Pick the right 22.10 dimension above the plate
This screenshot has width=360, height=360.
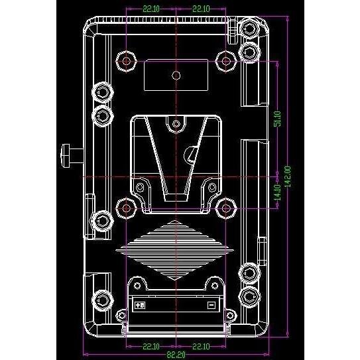[202, 9]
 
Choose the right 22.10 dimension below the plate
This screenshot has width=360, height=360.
[201, 345]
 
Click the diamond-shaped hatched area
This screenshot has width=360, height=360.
[176, 249]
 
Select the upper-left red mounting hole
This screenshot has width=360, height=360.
[126, 61]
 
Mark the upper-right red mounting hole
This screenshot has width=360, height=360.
[226, 61]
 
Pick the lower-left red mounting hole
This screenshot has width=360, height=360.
[126, 208]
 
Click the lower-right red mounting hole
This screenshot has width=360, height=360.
[226, 208]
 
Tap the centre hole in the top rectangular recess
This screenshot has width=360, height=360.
[176, 75]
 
